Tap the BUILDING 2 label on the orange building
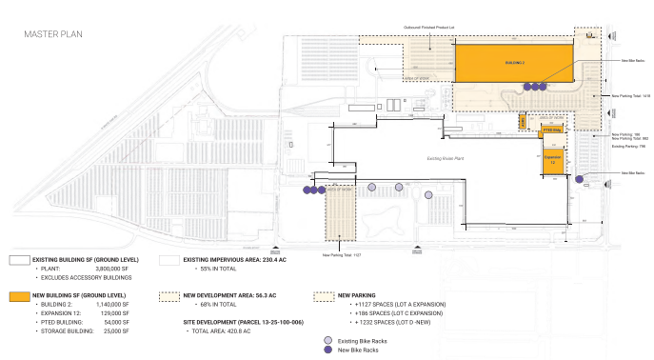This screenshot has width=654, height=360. [515, 63]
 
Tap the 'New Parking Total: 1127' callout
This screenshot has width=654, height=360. [340, 254]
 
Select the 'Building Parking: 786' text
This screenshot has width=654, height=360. [628, 147]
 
